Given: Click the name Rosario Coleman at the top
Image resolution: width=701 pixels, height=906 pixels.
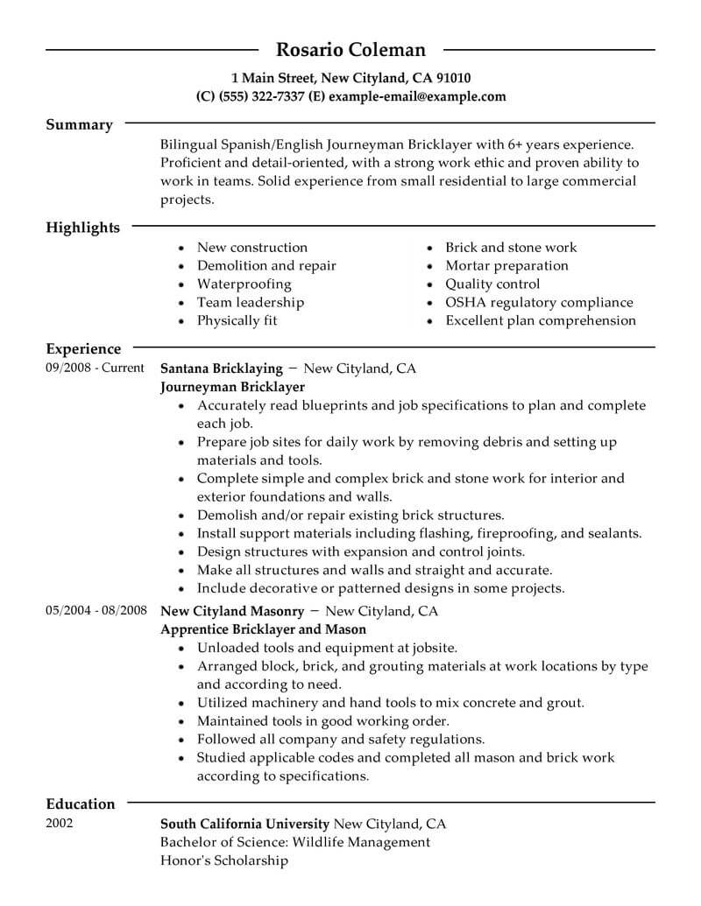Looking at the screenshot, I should pyautogui.click(x=350, y=49).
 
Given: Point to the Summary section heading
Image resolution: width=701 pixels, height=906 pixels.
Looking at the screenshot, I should pyautogui.click(x=79, y=124).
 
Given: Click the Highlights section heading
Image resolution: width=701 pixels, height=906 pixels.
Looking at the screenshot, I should pyautogui.click(x=82, y=228).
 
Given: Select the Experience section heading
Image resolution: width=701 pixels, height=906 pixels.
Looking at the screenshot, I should pyautogui.click(x=83, y=349).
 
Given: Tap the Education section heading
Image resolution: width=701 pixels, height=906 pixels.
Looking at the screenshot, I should pyautogui.click(x=80, y=804).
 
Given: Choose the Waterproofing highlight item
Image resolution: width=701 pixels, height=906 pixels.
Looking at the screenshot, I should pyautogui.click(x=244, y=284).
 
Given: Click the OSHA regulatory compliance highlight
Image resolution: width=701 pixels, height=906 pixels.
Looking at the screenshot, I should pyautogui.click(x=539, y=302).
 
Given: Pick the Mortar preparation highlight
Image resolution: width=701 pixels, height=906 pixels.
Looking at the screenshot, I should pyautogui.click(x=506, y=265).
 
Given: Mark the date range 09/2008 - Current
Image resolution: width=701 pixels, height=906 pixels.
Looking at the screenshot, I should pyautogui.click(x=95, y=369).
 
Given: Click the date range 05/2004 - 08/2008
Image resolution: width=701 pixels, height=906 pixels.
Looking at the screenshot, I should pyautogui.click(x=96, y=610).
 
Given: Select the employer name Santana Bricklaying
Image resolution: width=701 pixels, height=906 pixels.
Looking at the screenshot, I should pyautogui.click(x=222, y=369).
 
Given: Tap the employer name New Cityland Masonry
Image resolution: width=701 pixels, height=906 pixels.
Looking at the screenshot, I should pyautogui.click(x=232, y=610).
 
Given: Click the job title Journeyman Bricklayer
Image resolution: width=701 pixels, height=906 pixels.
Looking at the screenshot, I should pyautogui.click(x=233, y=386).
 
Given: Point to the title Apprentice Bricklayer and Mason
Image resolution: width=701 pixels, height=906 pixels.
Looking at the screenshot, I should pyautogui.click(x=264, y=629).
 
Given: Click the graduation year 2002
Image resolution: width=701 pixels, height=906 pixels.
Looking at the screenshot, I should pyautogui.click(x=60, y=823).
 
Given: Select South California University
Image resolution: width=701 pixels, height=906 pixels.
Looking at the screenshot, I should pyautogui.click(x=245, y=824).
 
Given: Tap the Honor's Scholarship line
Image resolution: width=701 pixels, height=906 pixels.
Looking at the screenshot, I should pyautogui.click(x=224, y=860).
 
